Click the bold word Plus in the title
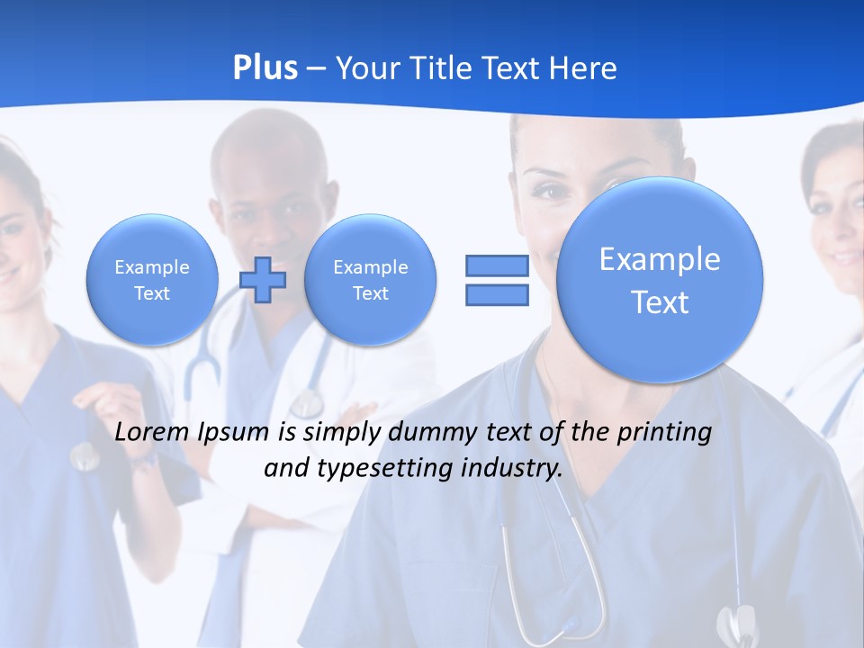(265, 68)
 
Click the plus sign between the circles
(263, 280)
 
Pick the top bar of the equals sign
(497, 265)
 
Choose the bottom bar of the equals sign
(497, 294)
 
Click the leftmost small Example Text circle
(152, 280)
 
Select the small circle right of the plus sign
(371, 280)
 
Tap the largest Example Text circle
(660, 280)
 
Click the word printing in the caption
(663, 433)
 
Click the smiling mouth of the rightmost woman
(845, 257)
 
